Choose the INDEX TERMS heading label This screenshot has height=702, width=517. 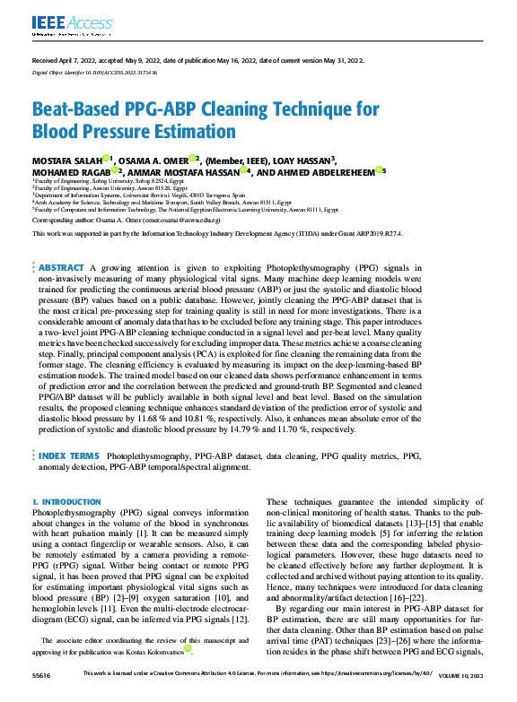(69, 456)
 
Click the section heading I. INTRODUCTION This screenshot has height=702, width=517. (65, 502)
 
